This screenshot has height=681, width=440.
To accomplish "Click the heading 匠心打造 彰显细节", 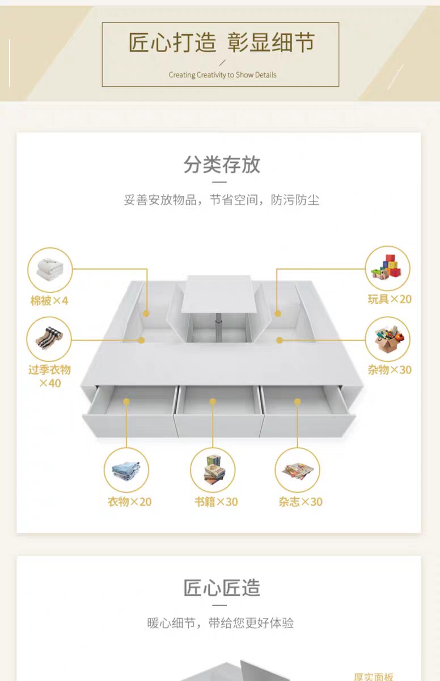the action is point(221,43).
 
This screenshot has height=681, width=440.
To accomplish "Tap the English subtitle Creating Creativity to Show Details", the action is point(222,75).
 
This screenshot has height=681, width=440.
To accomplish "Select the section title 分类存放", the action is point(222,165).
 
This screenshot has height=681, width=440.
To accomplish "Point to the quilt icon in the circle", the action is point(50,270).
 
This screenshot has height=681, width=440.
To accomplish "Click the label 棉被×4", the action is point(49,300).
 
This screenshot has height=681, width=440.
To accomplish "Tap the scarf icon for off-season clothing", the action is point(49,339).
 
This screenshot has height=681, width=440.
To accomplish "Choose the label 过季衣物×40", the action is point(50,376).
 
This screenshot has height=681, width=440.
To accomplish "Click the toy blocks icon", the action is point(388,268).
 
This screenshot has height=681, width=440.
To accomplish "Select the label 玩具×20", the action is point(390,299).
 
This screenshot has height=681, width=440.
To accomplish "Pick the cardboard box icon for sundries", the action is point(388,339).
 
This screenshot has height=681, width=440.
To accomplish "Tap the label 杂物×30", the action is point(390,370).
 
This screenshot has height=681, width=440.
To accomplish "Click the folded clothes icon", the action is point(126,470).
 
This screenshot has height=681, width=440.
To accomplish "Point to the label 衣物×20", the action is point(130,502).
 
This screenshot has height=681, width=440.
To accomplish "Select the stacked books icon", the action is point(213,470).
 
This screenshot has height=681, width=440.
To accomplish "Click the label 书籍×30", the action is point(216,502).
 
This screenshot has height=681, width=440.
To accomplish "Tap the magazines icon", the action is point(298,470).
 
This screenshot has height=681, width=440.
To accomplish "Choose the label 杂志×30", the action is point(301,502).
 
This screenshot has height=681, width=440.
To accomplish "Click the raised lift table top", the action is point(219,293).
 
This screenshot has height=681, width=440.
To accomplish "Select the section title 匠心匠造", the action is point(222,588).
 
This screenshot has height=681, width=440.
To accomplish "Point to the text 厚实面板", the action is point(373,676).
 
